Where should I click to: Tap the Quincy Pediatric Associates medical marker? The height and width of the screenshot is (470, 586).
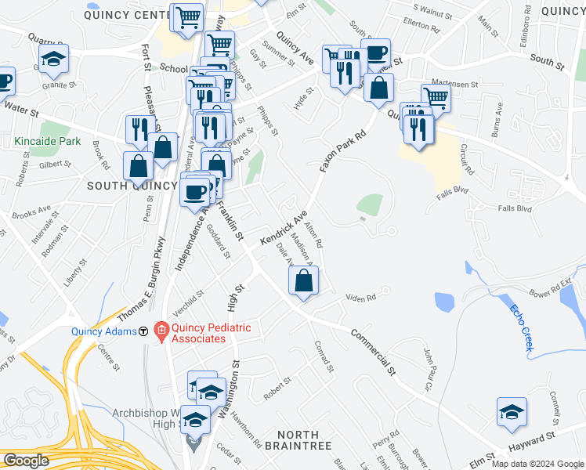click(x=161, y=331)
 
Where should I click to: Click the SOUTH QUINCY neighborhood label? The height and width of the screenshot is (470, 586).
click(x=132, y=185)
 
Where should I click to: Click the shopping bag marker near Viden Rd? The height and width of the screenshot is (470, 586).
click(x=303, y=282)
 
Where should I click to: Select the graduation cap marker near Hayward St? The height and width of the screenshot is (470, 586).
click(x=511, y=412)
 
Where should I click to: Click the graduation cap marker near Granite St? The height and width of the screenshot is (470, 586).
click(x=53, y=59)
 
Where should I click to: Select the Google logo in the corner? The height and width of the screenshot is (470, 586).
click(x=27, y=461)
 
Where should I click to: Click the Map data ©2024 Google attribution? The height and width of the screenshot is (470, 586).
click(x=537, y=463)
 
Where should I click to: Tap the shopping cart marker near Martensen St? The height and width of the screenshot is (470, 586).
click(x=436, y=97)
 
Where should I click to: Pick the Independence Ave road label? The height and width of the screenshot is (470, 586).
click(x=192, y=232)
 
